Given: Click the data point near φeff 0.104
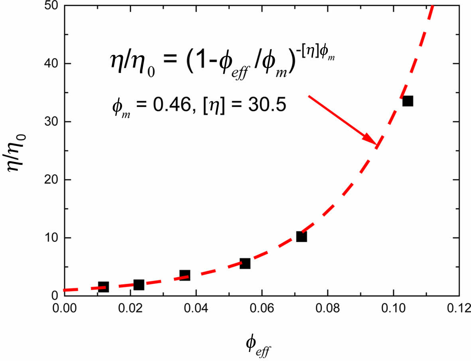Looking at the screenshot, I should [x=407, y=101].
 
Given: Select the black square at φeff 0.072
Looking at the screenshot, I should [x=302, y=237].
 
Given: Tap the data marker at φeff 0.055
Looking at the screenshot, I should [x=245, y=263].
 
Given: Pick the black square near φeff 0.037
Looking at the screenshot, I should [x=185, y=275].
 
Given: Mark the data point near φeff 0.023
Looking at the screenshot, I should [x=139, y=285].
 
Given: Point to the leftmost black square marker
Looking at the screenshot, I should [x=103, y=286].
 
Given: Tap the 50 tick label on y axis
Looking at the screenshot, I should [x=49, y=6].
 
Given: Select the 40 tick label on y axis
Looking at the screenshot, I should [x=49, y=63].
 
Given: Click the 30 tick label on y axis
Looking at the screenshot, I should [x=49, y=122].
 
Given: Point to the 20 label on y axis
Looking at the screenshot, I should [x=49, y=180].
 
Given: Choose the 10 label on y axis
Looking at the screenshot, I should [x=49, y=238].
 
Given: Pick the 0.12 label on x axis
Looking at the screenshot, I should [x=459, y=308].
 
